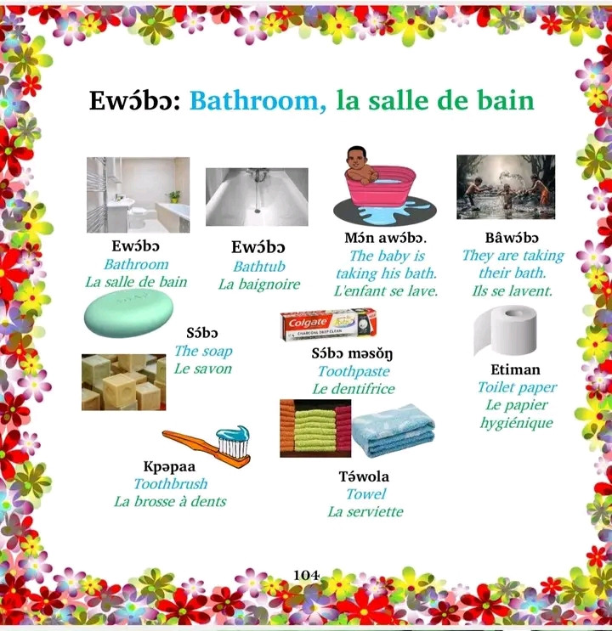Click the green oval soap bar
pyautogui.click(x=128, y=313)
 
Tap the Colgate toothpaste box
pyautogui.click(x=329, y=324)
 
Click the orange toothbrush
pyautogui.click(x=207, y=447)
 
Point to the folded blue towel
pyautogui.click(x=394, y=431)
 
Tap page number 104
pyautogui.click(x=306, y=575)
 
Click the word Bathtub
pyautogui.click(x=259, y=267)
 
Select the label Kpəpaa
pyautogui.click(x=169, y=466)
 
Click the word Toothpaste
pyautogui.click(x=354, y=371)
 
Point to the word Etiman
pyautogui.click(x=515, y=369)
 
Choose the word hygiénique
pyautogui.click(x=517, y=423)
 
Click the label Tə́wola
pyautogui.click(x=364, y=476)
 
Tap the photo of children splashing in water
pyautogui.click(x=506, y=187)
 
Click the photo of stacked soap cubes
pyautogui.click(x=124, y=382)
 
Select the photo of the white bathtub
pyautogui.click(x=257, y=197)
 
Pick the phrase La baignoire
pyautogui.click(x=259, y=285)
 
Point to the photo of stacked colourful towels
pyautogui.click(x=315, y=429)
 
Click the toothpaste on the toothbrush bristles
pyautogui.click(x=233, y=434)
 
